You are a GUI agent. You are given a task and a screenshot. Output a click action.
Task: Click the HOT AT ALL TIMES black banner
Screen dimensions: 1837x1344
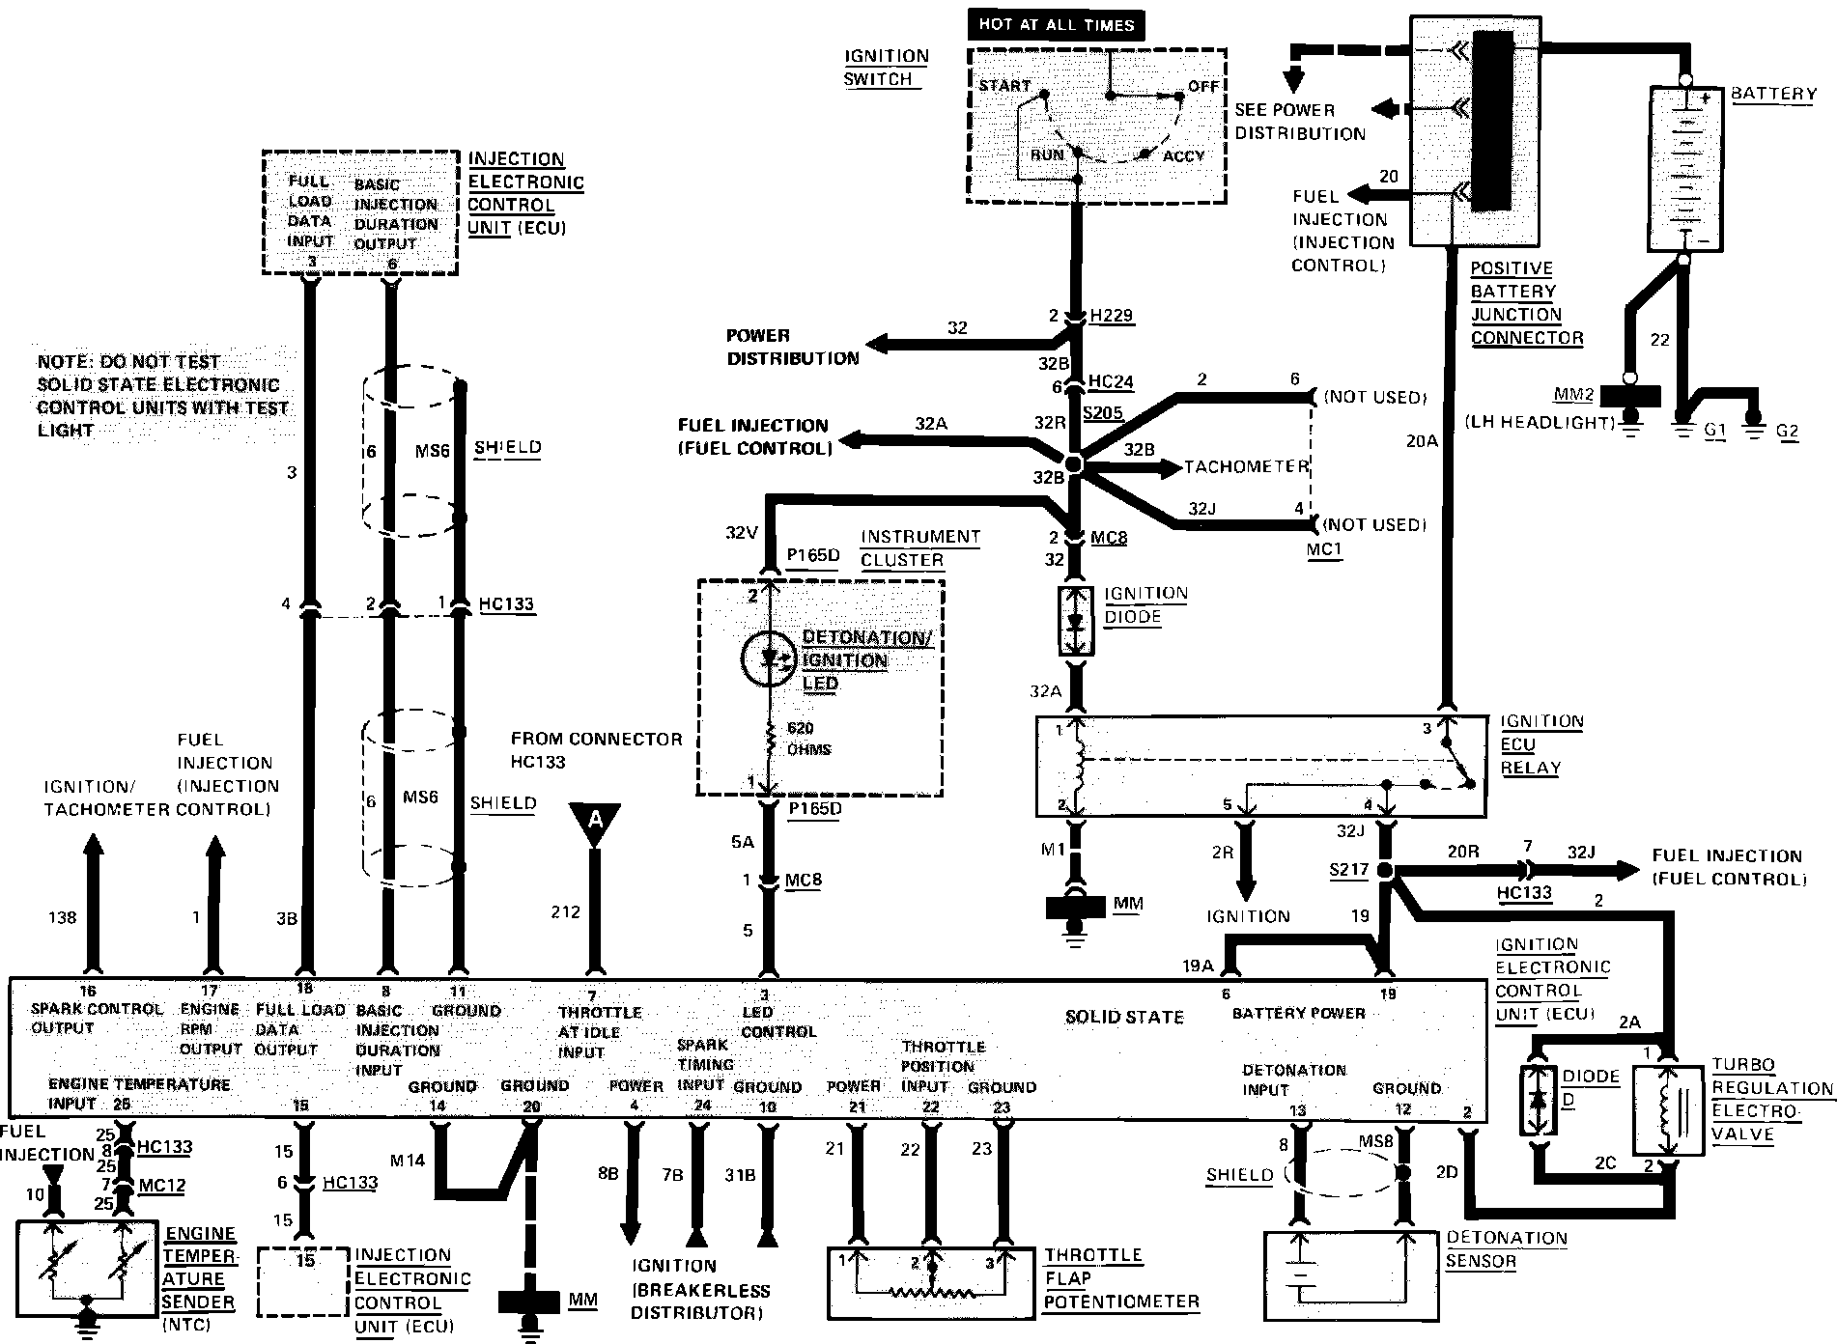[x=1056, y=25]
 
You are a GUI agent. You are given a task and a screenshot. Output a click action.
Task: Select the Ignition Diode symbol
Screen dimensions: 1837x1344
[x=1077, y=621]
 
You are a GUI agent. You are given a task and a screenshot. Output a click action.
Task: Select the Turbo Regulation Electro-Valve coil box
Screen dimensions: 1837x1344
[x=1666, y=1109]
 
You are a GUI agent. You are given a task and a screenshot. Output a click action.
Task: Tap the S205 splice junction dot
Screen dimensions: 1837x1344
[x=1074, y=465]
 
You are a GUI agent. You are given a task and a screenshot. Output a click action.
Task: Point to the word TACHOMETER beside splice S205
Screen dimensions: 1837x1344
[x=1246, y=467]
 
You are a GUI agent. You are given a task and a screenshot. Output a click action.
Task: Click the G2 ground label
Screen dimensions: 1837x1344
[x=1787, y=431]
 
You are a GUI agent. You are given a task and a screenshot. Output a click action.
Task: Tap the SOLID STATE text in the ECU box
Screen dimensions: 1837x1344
[x=1124, y=1017]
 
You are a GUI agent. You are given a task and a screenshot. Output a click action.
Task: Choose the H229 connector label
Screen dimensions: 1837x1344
[x=1111, y=316]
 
